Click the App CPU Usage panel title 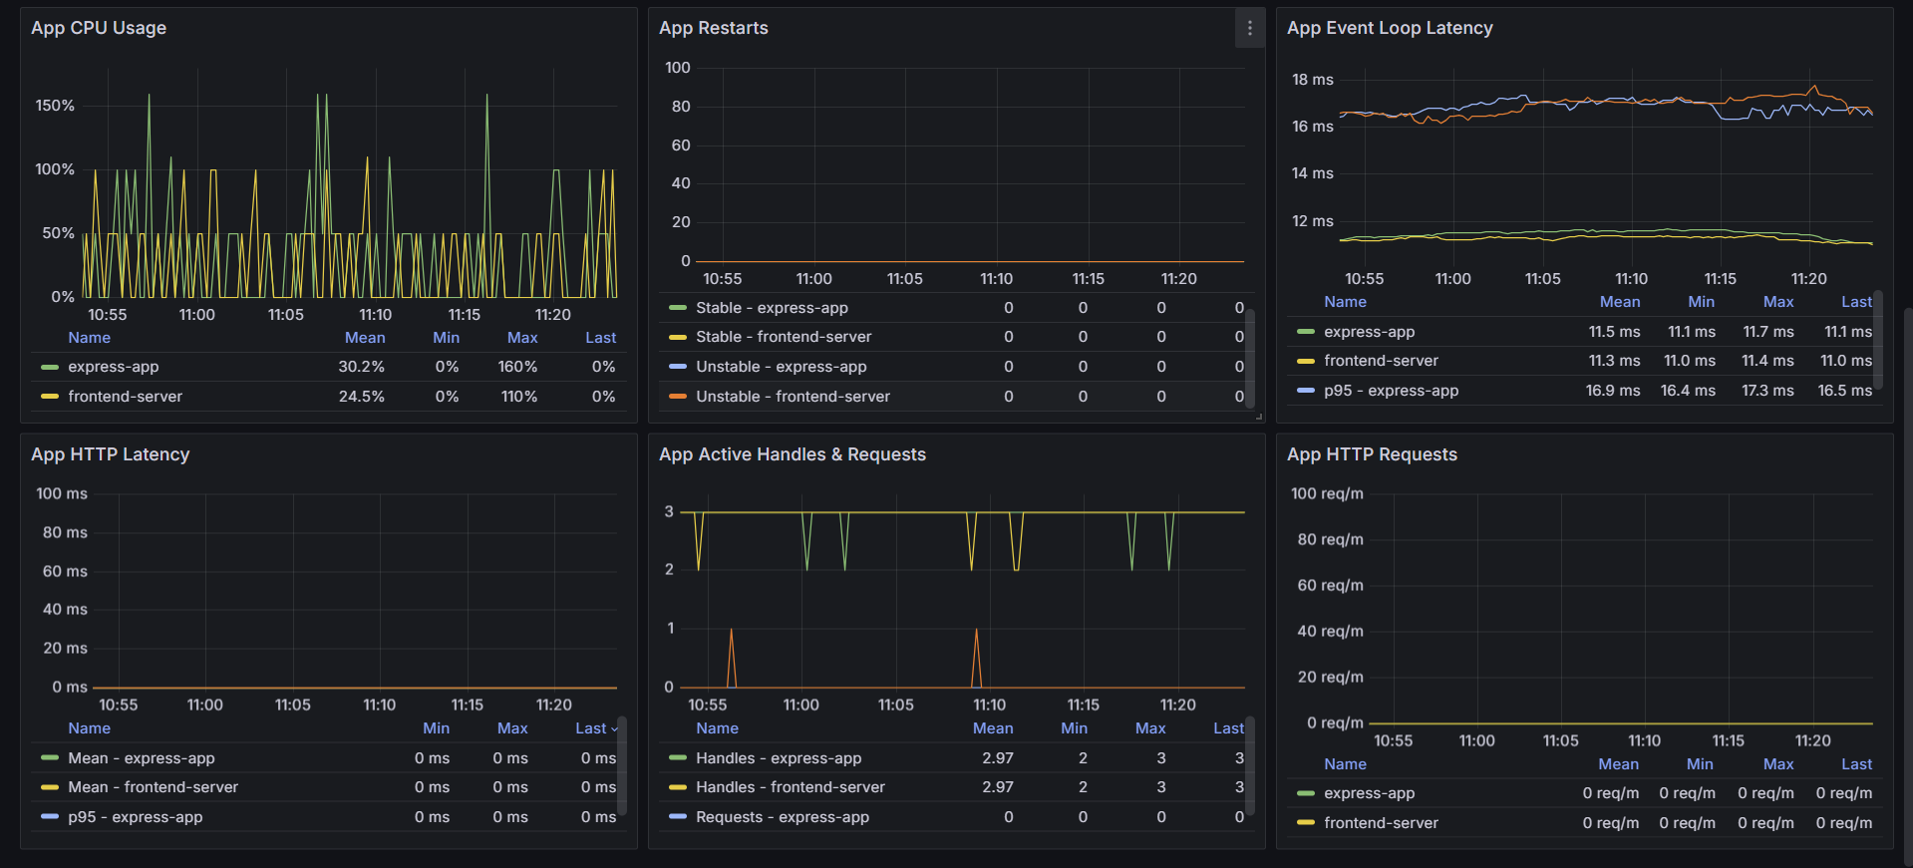tap(99, 28)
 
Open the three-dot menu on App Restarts tap(1250, 28)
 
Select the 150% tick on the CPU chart tap(55, 106)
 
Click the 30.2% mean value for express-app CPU tap(361, 367)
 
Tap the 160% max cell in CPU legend tap(517, 367)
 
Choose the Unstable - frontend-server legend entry tap(793, 397)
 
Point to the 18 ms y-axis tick tap(1312, 80)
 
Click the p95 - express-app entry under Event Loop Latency tap(1391, 391)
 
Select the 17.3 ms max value tap(1767, 391)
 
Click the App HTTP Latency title tap(110, 454)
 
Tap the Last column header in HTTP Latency tap(591, 728)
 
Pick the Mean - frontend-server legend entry tap(153, 787)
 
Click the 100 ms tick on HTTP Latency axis tap(62, 493)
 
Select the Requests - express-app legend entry tap(783, 817)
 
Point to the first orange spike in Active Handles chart tap(732, 658)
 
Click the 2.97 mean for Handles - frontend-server tap(997, 787)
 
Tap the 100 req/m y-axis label tap(1327, 493)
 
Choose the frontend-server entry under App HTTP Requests tap(1381, 823)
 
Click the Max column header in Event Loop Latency tap(1778, 302)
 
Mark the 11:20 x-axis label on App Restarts tap(1178, 279)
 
